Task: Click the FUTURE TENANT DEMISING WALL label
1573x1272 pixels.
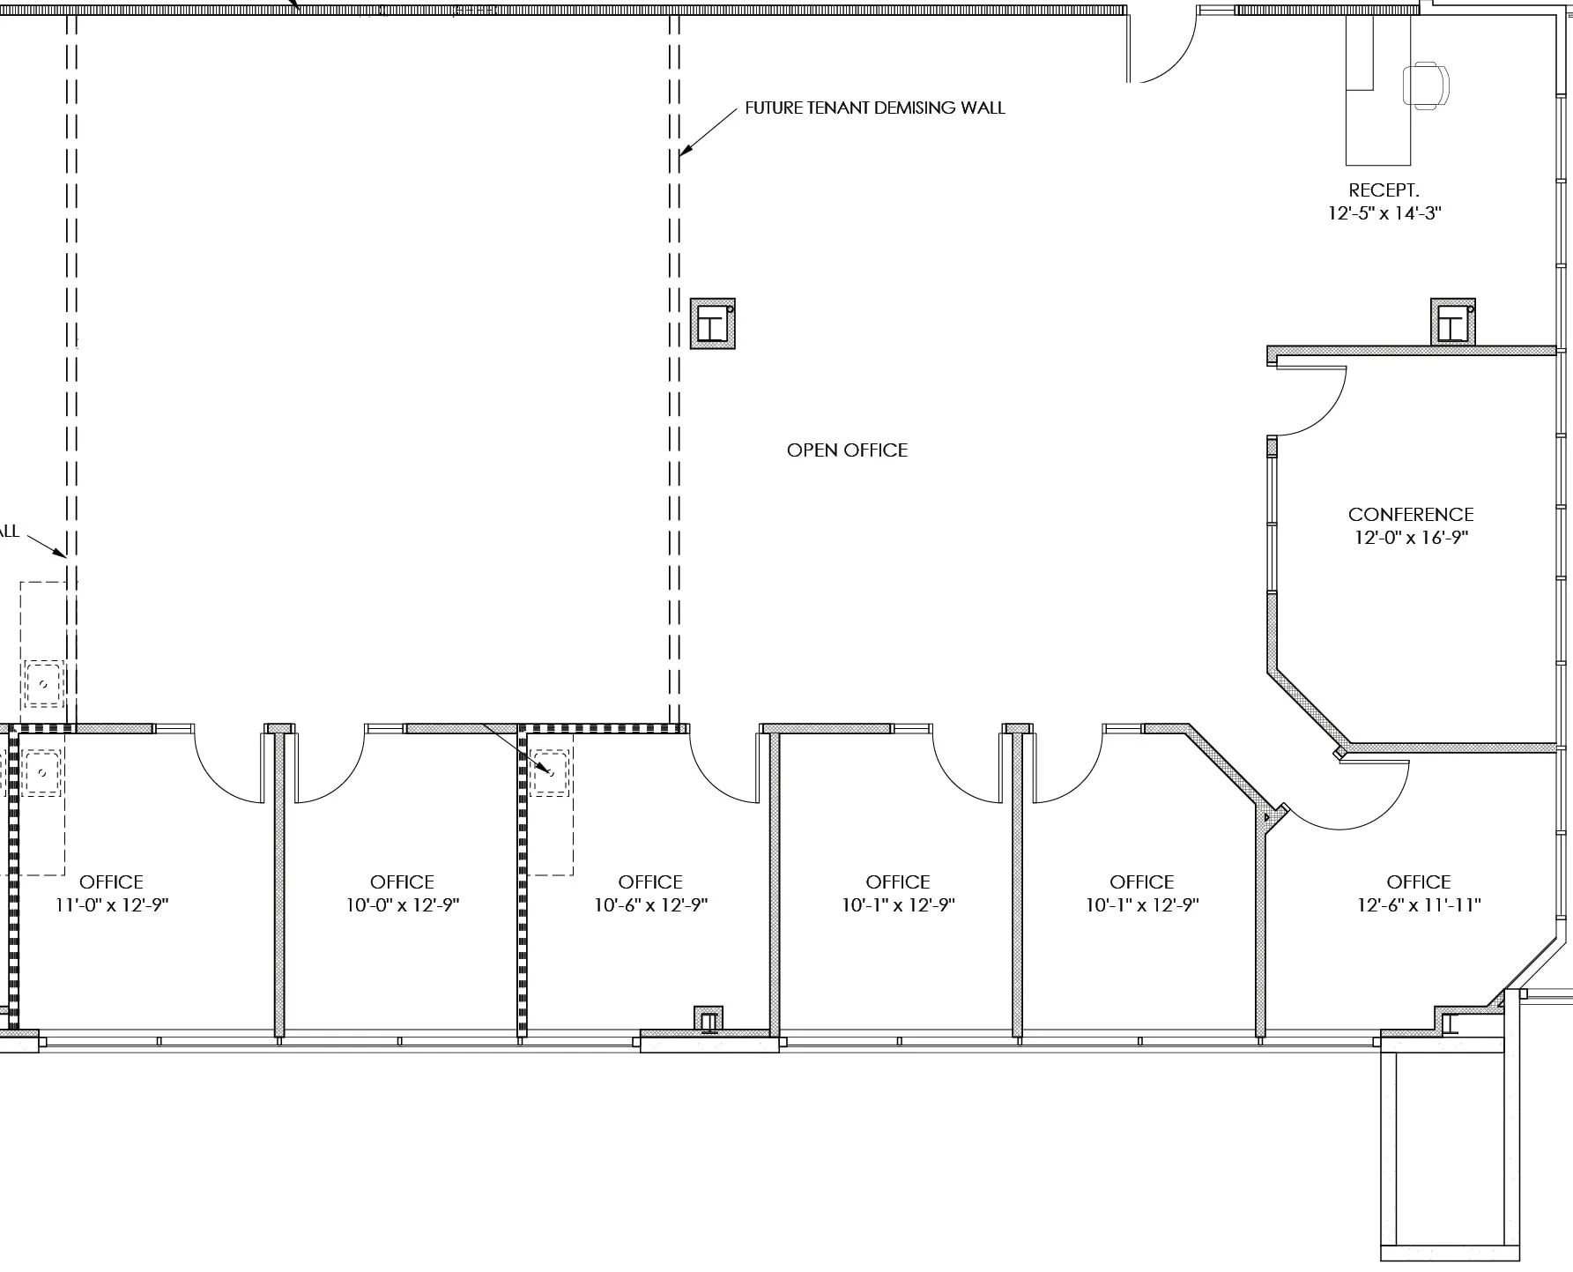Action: click(874, 108)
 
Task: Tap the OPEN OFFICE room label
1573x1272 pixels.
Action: click(847, 450)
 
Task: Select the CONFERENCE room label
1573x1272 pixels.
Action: click(1410, 514)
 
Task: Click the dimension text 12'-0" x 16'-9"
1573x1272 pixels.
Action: click(1410, 538)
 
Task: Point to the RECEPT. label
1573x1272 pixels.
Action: click(1384, 190)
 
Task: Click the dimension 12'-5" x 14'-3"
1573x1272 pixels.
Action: click(1384, 213)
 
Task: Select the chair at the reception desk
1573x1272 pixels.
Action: click(1426, 85)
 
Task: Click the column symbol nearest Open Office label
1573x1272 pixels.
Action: click(712, 324)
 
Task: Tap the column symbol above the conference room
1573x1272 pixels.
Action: click(1452, 323)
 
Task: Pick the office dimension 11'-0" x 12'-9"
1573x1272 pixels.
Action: click(111, 905)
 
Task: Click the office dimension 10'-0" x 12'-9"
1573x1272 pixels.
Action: click(402, 905)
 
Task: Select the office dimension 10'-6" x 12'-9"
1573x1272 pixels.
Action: click(650, 905)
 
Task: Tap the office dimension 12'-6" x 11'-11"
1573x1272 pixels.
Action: click(1418, 905)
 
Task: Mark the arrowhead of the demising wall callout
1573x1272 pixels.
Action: click(683, 153)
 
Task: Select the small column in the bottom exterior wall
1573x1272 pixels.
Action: click(708, 1020)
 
